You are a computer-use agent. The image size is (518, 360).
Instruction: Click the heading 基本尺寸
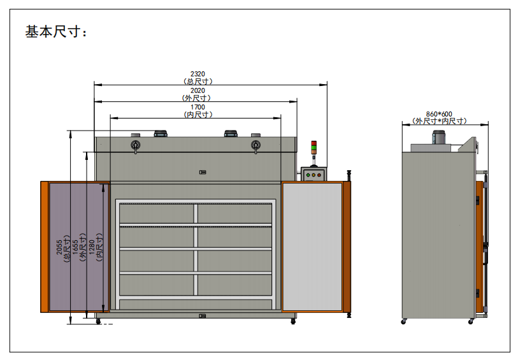(x=53, y=32)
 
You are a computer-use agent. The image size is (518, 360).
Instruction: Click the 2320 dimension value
(x=198, y=74)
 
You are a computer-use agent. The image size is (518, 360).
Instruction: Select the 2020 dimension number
(x=198, y=90)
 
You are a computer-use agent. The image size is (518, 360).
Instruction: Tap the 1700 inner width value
(x=198, y=107)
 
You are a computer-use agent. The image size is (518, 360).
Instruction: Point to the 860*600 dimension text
(x=439, y=114)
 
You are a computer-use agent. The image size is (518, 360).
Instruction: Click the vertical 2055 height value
(x=59, y=247)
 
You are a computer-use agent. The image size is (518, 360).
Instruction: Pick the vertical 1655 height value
(x=75, y=247)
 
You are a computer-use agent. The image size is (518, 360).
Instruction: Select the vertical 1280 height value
(x=92, y=247)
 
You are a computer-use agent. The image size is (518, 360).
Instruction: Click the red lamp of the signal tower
(x=313, y=143)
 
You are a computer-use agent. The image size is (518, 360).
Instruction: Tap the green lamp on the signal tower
(x=313, y=148)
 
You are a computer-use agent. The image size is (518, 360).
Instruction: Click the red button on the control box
(x=319, y=175)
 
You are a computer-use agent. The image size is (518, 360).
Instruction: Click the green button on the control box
(x=308, y=175)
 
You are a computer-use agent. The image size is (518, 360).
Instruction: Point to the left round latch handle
(x=136, y=145)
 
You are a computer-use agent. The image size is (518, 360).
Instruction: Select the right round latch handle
(x=255, y=145)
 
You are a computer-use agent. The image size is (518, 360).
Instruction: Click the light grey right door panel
(x=312, y=247)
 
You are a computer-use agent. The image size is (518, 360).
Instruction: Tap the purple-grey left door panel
(x=76, y=247)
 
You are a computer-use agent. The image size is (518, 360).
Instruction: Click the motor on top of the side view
(x=439, y=137)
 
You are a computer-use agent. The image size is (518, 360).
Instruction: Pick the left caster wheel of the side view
(x=403, y=321)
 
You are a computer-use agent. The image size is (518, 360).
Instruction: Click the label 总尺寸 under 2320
(x=198, y=82)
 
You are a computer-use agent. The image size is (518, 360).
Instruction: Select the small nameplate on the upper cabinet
(x=203, y=173)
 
